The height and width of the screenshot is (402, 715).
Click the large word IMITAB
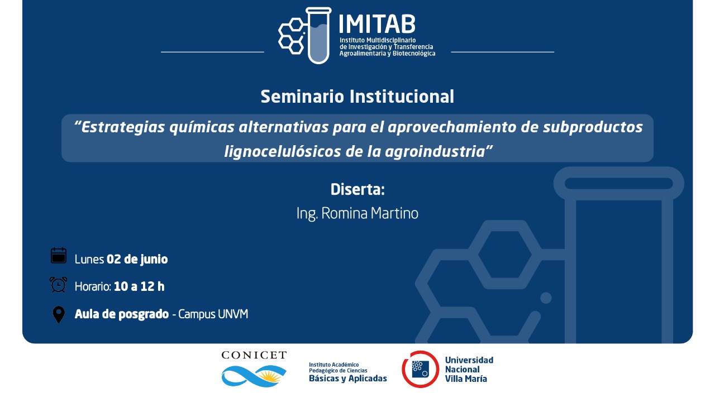point(377,24)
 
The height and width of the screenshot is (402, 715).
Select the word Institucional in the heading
point(402,97)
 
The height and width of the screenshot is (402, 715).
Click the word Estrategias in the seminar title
point(123,127)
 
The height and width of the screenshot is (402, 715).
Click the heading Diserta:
point(357,189)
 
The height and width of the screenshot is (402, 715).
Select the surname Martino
point(394,213)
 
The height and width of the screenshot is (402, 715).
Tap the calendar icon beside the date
point(59,256)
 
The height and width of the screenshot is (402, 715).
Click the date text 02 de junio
point(137,259)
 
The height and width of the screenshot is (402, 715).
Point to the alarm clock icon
point(58,285)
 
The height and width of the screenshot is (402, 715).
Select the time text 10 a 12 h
point(139,286)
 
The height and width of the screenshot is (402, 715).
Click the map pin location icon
point(59,314)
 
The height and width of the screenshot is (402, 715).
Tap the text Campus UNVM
point(213,314)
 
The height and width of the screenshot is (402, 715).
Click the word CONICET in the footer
point(254,355)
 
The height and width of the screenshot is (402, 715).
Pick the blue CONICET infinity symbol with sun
point(254,376)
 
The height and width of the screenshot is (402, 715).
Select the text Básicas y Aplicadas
point(347,379)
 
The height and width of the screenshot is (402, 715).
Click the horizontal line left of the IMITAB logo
point(212,52)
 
